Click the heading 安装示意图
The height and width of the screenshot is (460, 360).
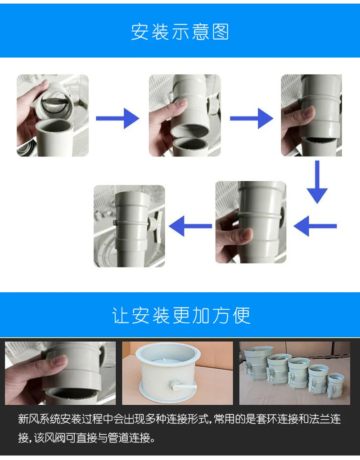(180, 31)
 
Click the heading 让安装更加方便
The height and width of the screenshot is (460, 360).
(181, 315)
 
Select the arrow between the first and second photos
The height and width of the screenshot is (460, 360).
(117, 119)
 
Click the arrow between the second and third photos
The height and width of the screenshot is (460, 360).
(252, 119)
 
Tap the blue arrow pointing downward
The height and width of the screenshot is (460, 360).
(317, 182)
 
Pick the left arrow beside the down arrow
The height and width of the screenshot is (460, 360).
(315, 226)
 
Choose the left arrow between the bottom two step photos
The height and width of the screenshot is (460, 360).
(190, 226)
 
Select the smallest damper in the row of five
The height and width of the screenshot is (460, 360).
(336, 384)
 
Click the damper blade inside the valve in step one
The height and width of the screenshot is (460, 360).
(56, 102)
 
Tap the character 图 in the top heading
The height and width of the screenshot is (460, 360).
(220, 31)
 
